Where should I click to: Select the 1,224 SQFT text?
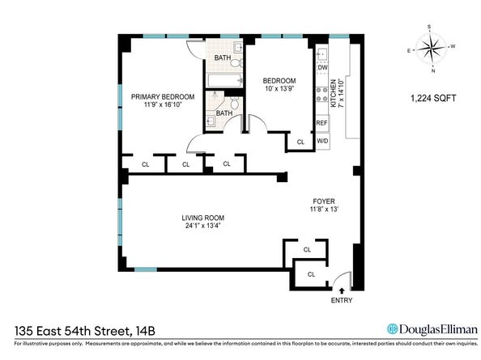[433, 99]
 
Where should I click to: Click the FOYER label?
[325, 201]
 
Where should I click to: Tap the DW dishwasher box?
[321, 67]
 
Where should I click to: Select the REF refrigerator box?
[321, 123]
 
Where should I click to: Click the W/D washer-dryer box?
[321, 141]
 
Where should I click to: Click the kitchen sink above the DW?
[321, 53]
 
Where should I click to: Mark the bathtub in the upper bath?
[222, 80]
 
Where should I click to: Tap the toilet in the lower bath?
[233, 104]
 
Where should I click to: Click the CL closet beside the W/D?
[300, 142]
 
